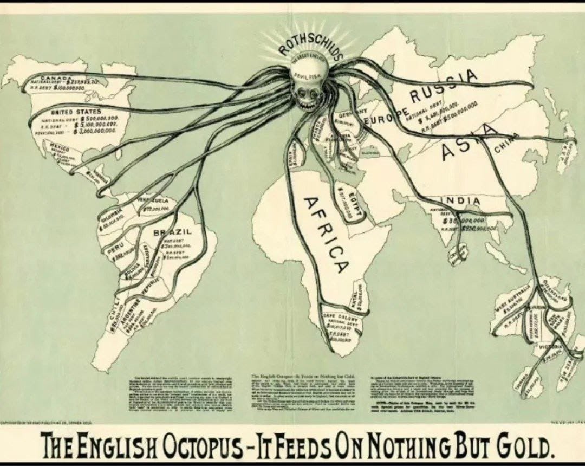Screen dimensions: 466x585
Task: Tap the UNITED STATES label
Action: click(80, 111)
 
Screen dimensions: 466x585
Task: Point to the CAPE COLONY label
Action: click(336, 315)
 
